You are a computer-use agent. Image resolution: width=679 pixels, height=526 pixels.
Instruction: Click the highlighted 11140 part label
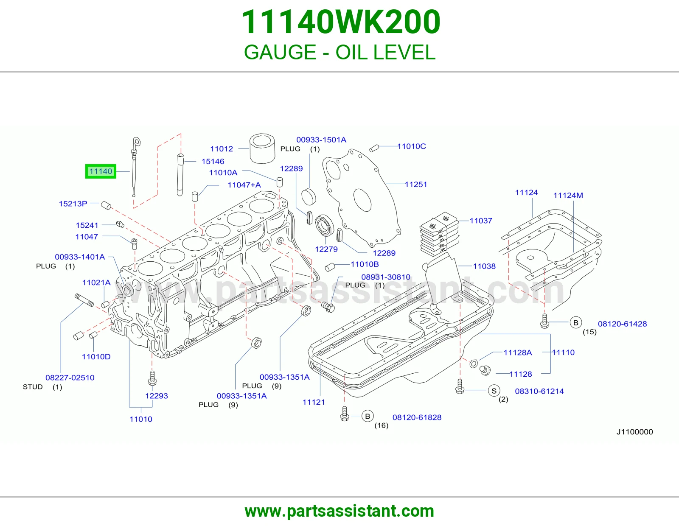tap(101, 171)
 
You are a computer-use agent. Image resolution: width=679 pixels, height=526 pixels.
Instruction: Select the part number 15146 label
tap(213, 162)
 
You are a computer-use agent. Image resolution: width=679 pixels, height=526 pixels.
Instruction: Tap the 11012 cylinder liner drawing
tap(262, 148)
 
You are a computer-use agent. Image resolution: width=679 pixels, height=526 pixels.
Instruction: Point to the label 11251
tap(416, 184)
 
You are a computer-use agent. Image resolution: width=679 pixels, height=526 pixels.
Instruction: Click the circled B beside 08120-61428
tap(575, 323)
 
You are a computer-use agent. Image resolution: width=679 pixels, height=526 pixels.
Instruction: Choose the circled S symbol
tap(494, 391)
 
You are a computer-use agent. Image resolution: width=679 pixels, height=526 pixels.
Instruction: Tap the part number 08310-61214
tap(539, 391)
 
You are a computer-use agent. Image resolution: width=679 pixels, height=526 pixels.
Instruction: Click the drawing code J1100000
tap(634, 432)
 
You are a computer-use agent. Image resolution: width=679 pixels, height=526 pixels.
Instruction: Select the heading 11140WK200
tap(341, 22)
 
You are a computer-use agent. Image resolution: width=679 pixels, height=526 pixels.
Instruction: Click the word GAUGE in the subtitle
tap(280, 52)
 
